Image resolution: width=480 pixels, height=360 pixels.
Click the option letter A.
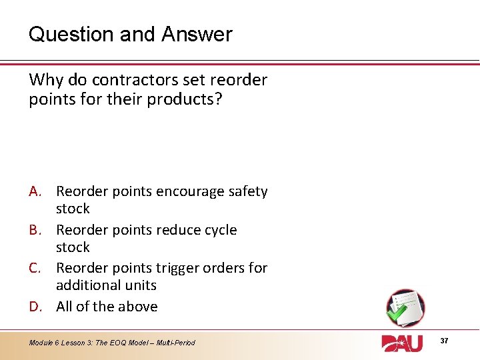click(37, 192)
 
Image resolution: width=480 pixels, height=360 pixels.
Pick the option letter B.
click(37, 230)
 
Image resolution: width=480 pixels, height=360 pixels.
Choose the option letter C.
click(37, 268)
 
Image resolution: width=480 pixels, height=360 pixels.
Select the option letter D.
click(37, 307)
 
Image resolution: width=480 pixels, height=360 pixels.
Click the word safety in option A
click(247, 192)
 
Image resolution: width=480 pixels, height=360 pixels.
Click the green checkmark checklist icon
click(405, 307)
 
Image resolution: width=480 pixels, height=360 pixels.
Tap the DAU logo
click(402, 343)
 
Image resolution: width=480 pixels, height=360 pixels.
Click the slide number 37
click(445, 341)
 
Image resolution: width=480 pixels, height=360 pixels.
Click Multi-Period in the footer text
click(176, 343)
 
